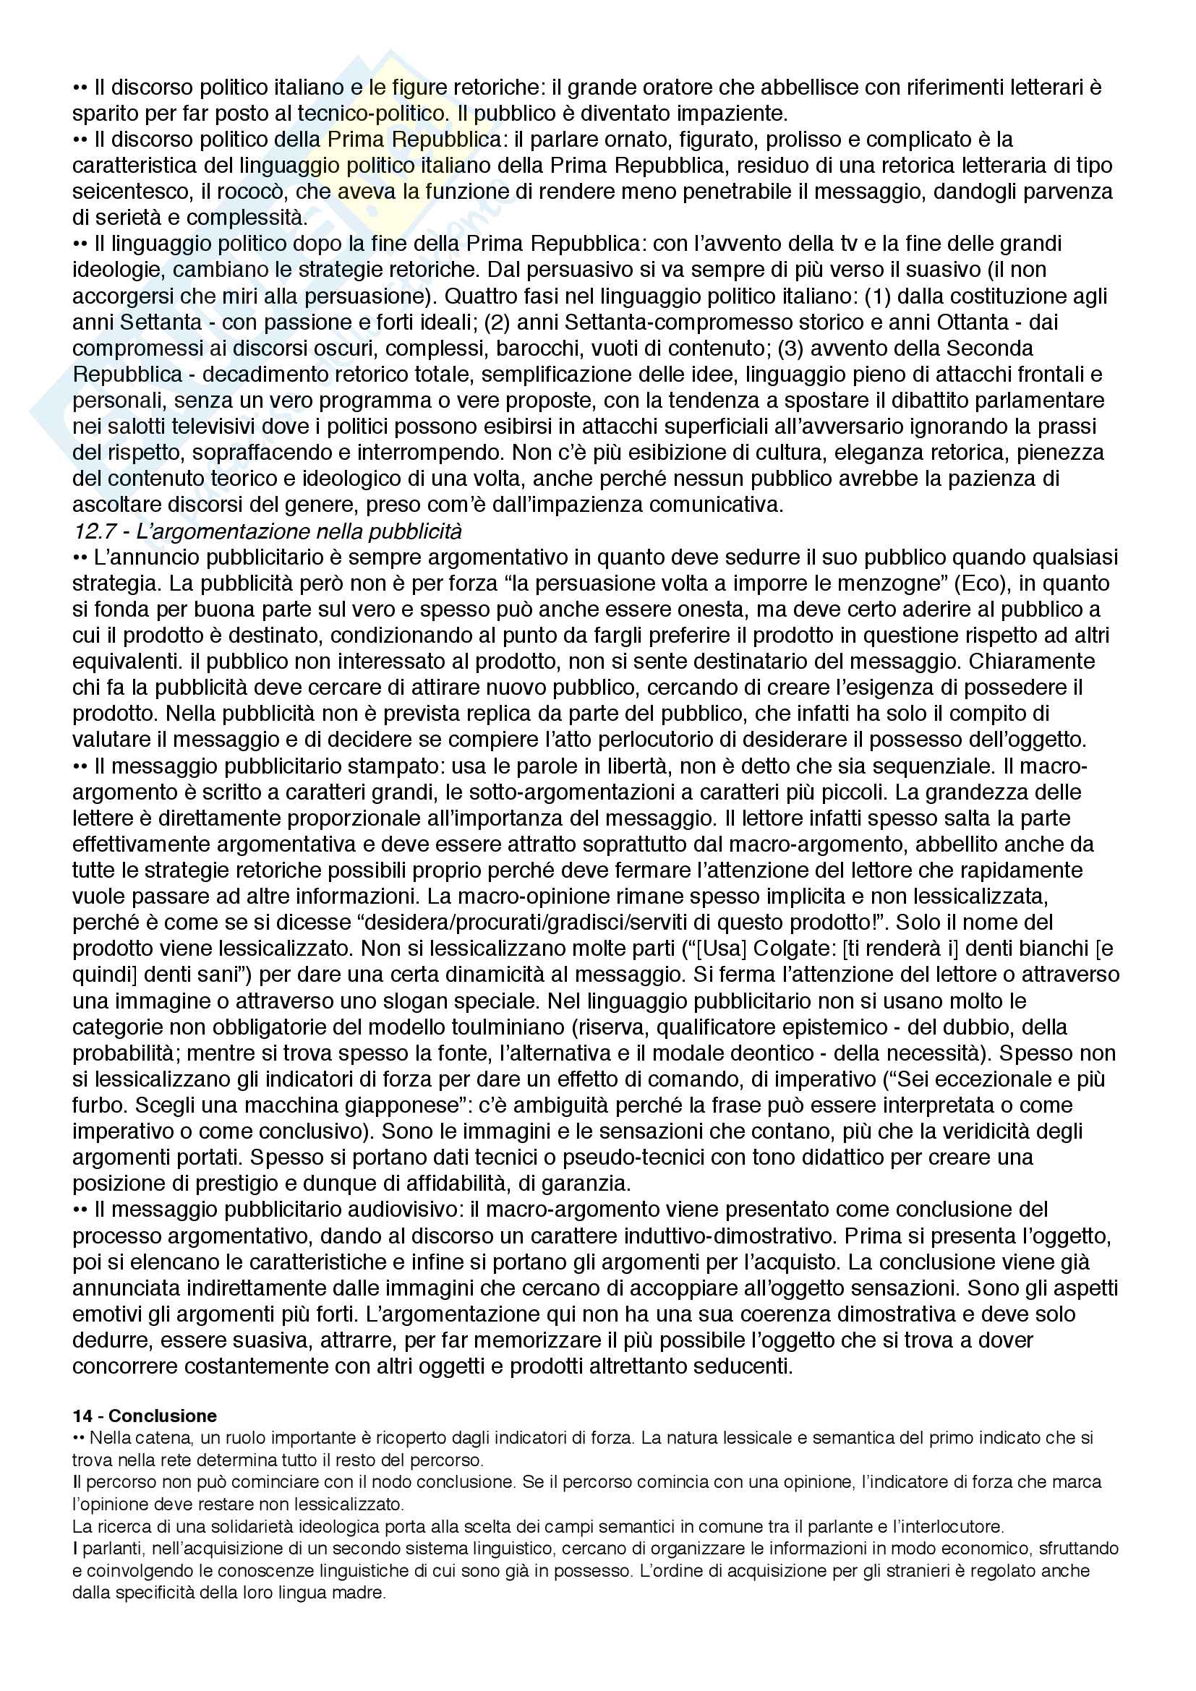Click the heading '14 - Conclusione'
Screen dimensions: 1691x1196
pyautogui.click(x=145, y=1415)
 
